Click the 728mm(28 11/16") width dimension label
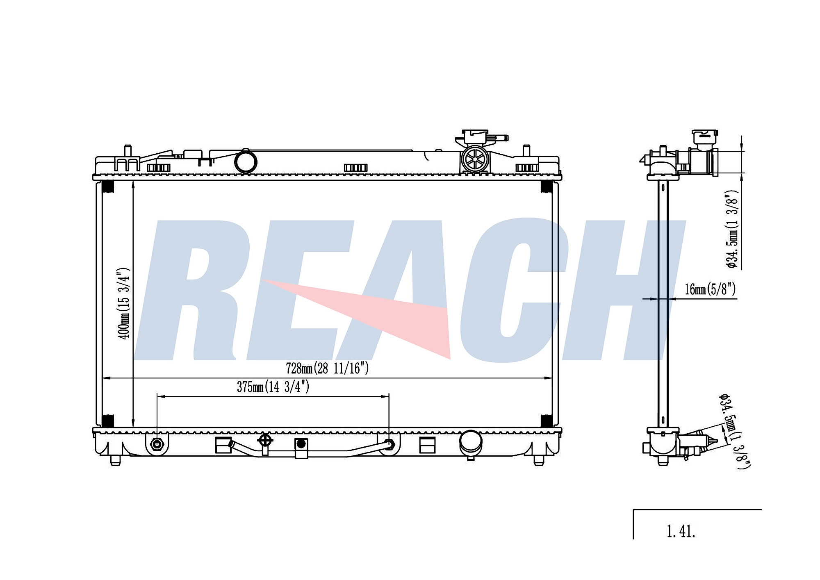[327, 368]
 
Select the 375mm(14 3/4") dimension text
[273, 386]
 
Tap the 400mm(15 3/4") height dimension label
[123, 303]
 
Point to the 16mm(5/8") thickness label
[710, 289]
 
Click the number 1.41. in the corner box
[681, 532]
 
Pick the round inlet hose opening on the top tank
[246, 161]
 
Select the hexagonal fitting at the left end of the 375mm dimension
[157, 444]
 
